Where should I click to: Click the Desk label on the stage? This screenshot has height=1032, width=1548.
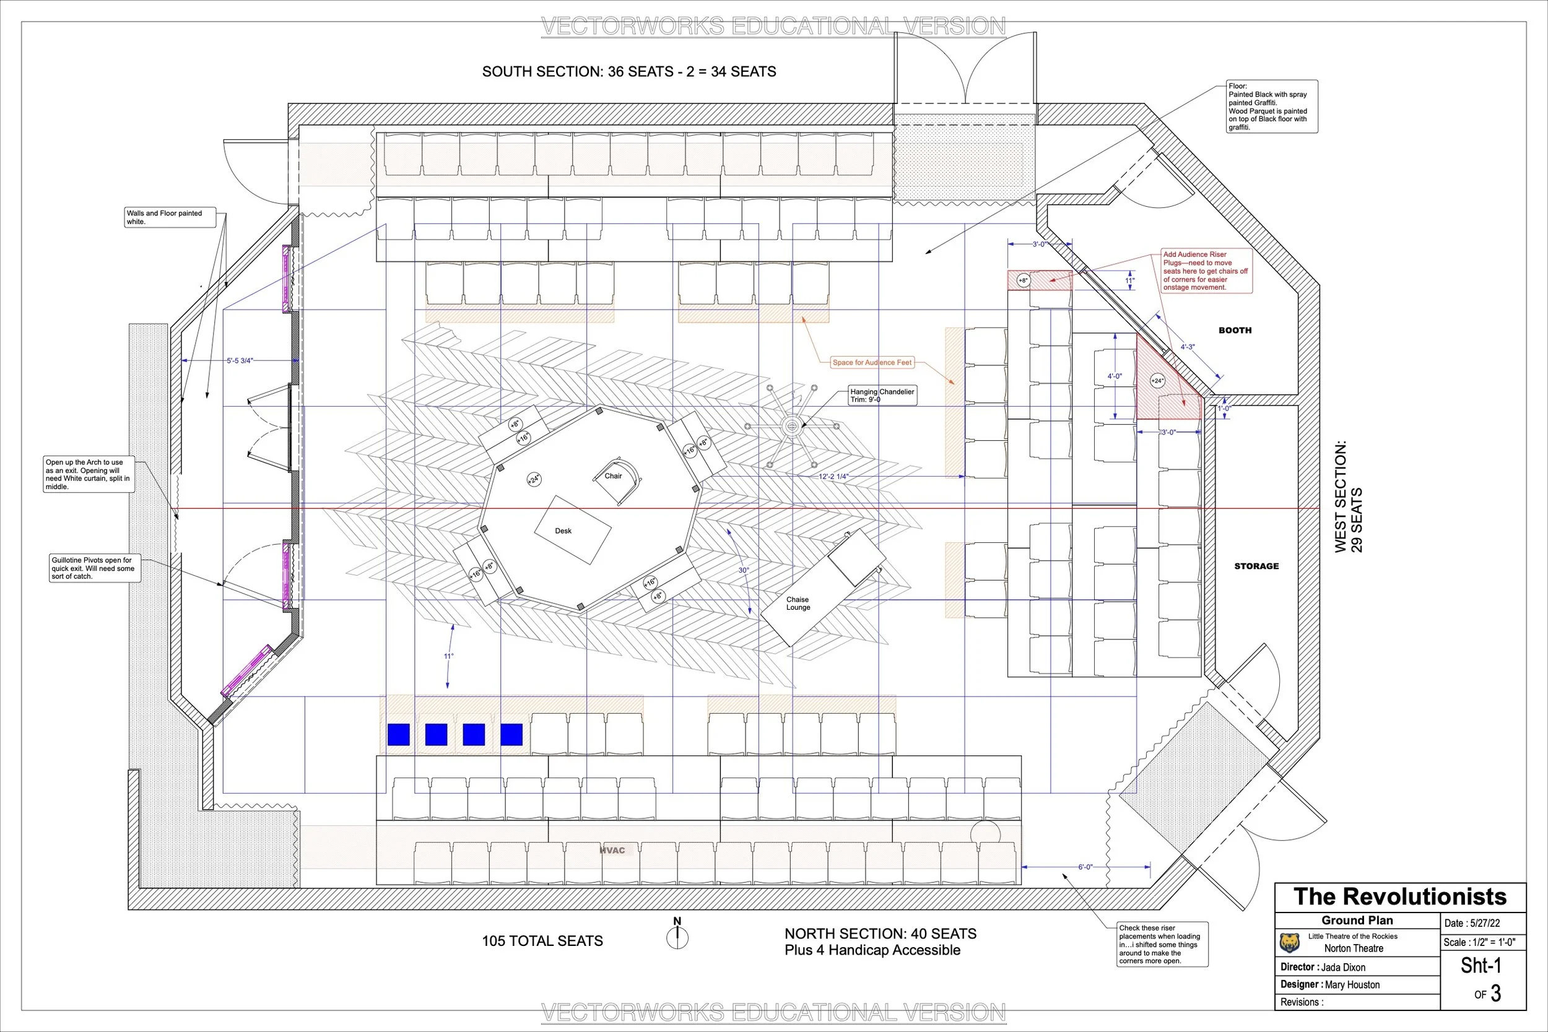pos(563,531)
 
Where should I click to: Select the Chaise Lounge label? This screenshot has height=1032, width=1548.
pos(798,604)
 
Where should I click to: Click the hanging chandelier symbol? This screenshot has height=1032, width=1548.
pos(792,426)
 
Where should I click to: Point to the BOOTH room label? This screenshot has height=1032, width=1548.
pos(1235,331)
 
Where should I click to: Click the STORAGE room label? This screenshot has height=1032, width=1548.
pos(1256,566)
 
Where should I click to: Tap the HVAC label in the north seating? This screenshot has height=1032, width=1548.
pos(612,851)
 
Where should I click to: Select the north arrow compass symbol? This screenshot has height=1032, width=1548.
pos(677,937)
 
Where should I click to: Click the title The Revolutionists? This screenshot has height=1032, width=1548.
pos(1400,897)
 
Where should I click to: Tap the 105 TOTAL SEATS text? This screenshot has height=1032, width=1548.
pos(542,941)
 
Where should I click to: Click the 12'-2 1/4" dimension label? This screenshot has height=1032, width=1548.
pos(834,476)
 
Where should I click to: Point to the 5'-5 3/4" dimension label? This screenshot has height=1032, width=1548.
pos(240,361)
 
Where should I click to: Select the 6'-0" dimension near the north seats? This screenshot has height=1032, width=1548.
pos(1085,867)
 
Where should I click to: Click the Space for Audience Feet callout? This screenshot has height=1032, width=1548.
pos(872,363)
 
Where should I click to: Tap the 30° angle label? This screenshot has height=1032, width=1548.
pos(743,570)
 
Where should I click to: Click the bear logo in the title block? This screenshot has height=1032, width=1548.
pos(1289,943)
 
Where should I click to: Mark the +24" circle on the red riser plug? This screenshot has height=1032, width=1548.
pos(1157,380)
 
